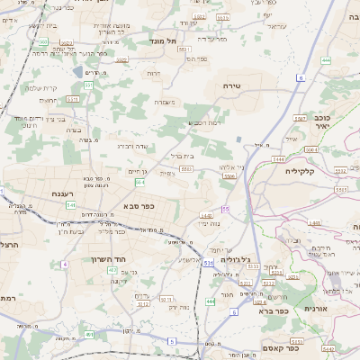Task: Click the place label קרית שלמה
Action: point(42,87)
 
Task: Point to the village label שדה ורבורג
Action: point(132,146)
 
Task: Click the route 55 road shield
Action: point(227,209)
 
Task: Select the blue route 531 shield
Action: point(208,264)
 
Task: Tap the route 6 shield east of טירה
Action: point(299,78)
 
